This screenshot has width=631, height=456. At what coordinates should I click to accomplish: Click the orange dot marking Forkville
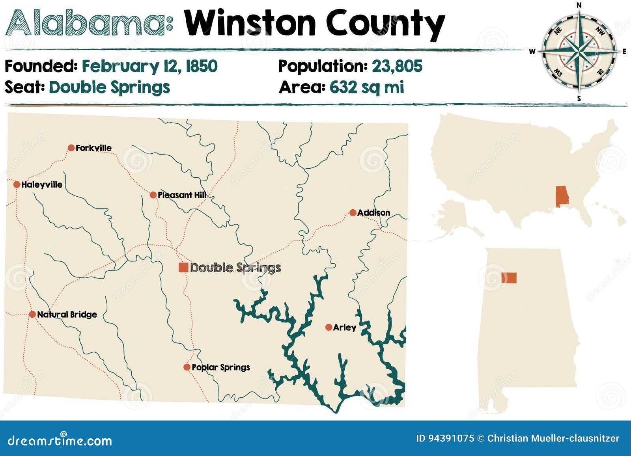pyautogui.click(x=71, y=148)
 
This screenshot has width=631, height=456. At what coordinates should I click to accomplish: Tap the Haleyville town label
pyautogui.click(x=41, y=184)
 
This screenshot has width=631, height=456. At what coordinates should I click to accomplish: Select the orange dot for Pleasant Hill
pyautogui.click(x=153, y=195)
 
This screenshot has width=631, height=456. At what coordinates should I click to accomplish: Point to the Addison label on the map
pyautogui.click(x=373, y=213)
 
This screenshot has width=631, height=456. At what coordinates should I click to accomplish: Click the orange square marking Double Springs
pyautogui.click(x=183, y=267)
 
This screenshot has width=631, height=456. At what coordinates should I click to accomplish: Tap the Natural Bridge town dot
pyautogui.click(x=32, y=314)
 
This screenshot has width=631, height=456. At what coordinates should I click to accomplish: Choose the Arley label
pyautogui.click(x=344, y=328)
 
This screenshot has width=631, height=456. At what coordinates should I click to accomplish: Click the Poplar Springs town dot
pyautogui.click(x=187, y=367)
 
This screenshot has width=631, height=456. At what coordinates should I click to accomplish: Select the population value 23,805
pyautogui.click(x=397, y=66)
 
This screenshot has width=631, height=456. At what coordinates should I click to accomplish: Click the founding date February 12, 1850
pyautogui.click(x=149, y=66)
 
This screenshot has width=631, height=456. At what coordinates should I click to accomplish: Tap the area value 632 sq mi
pyautogui.click(x=367, y=87)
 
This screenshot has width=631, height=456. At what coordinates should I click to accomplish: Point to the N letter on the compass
pyautogui.click(x=579, y=5)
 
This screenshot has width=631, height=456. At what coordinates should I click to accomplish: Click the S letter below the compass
pyautogui.click(x=579, y=99)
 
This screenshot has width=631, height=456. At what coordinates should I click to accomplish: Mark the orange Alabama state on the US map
pyautogui.click(x=562, y=196)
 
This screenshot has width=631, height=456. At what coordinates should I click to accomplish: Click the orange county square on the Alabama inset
pyautogui.click(x=509, y=278)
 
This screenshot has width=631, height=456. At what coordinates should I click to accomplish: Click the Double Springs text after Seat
pyautogui.click(x=109, y=87)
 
